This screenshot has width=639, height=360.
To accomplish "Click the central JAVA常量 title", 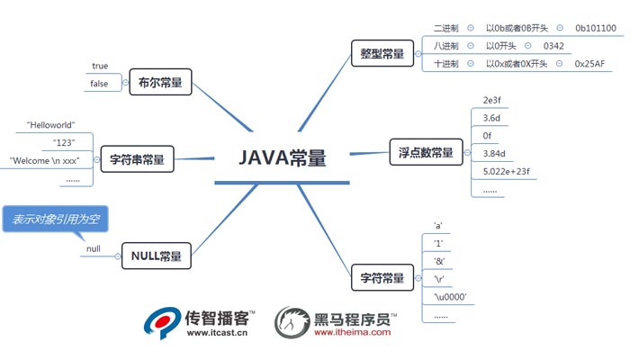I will (282, 157).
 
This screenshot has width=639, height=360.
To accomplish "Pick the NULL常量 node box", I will (157, 256).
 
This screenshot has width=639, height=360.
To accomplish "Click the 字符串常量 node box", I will (137, 160).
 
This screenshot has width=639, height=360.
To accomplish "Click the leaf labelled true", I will (99, 66).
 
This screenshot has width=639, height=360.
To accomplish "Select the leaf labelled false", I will (99, 84).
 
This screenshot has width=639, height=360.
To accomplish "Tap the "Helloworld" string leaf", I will (51, 124).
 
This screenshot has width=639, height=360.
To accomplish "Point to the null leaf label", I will (94, 248).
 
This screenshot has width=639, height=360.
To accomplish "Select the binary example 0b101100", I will (596, 28).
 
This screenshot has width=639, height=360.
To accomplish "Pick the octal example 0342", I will (553, 46).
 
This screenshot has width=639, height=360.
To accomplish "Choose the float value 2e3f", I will (493, 99).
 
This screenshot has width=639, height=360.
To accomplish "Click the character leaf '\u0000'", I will (450, 297).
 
